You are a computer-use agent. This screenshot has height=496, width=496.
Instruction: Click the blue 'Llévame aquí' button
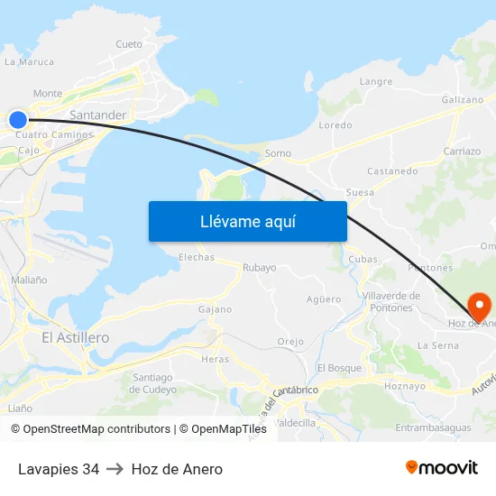point(247,221)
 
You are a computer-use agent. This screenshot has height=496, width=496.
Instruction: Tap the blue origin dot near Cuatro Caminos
point(18,119)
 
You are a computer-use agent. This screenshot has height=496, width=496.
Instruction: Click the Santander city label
point(97,115)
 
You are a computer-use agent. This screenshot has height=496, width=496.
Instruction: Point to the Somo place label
point(278,153)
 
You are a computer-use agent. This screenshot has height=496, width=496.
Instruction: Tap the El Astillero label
point(76,337)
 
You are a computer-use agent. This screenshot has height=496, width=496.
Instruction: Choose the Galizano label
point(463,100)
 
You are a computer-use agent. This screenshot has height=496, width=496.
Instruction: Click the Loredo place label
point(335,125)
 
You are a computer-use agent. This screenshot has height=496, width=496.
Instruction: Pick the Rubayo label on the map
point(260,268)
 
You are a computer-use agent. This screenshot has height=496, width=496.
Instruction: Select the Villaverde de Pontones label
point(390,301)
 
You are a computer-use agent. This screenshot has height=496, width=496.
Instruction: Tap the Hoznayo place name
point(404,386)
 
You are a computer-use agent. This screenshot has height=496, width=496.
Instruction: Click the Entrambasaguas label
point(433,427)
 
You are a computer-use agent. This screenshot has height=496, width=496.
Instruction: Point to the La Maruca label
point(29,62)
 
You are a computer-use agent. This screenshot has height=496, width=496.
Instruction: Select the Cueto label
point(129,44)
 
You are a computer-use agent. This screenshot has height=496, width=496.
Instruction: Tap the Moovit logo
point(442,468)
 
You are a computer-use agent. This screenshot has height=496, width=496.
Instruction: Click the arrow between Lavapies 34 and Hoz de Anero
point(115,469)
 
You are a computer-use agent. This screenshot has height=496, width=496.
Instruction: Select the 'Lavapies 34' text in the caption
point(59,469)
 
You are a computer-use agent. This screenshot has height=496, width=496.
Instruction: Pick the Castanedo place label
point(392,170)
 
